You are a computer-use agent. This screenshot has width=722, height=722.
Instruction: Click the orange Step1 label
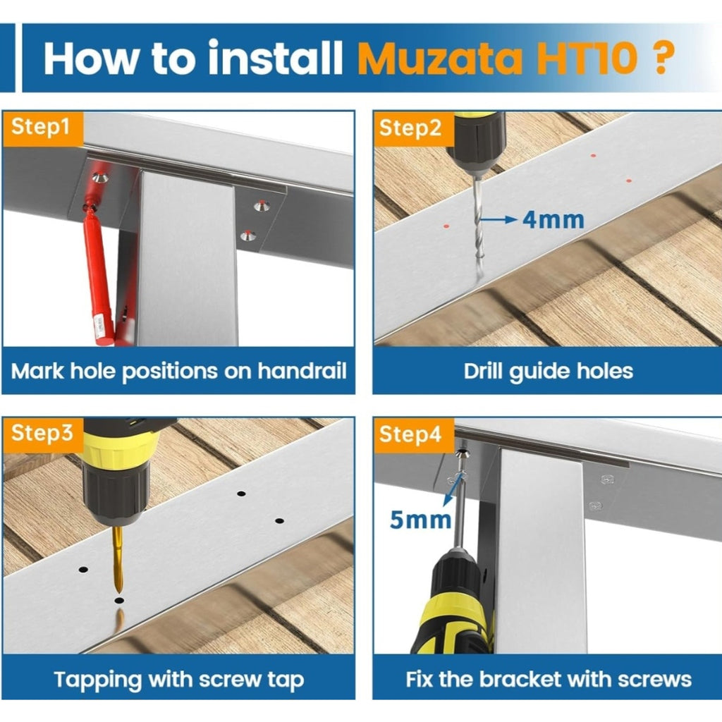42,128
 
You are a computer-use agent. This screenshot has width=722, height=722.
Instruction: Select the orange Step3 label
42,434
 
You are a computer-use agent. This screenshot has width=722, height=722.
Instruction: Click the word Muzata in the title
440,59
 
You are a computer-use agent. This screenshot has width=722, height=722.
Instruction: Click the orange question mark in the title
661,59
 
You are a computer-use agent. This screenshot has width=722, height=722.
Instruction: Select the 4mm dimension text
553,219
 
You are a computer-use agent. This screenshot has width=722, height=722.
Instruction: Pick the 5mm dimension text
420,520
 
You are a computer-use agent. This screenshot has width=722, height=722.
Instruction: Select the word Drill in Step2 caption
484,371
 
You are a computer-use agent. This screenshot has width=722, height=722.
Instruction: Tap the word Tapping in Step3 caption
97,681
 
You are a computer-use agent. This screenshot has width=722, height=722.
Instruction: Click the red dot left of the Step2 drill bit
446,226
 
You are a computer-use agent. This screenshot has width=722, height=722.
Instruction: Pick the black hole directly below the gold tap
119,601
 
